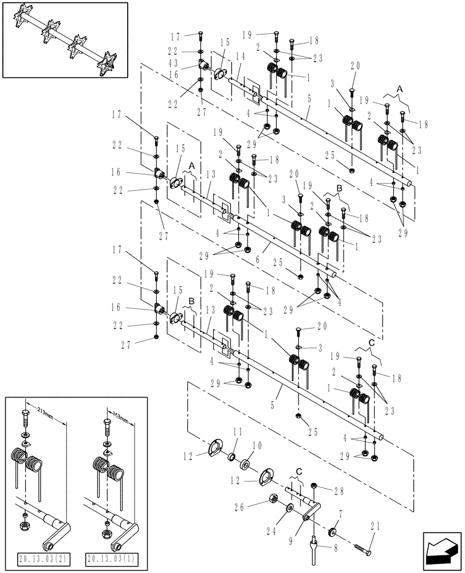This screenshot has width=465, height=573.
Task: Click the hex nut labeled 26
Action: [273, 499]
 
